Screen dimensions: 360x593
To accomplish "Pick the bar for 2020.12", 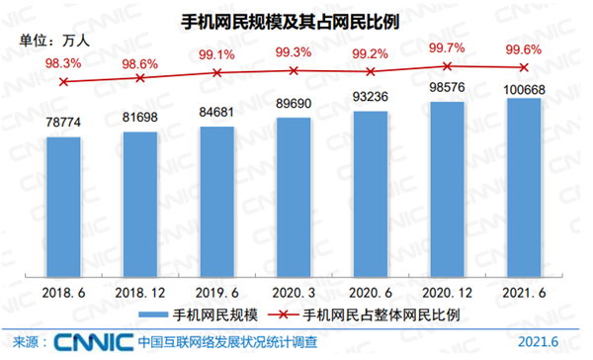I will pos(448,188).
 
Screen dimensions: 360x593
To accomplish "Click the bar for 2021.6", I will pos(524,186).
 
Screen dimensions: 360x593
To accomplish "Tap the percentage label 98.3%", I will pos(64,61).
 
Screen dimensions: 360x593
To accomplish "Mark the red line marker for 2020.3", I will pos(294,70).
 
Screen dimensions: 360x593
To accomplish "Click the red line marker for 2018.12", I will pos(140,76).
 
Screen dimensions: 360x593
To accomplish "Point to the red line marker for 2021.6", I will pos(524,67).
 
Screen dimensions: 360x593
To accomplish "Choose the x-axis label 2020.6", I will pos(371,292).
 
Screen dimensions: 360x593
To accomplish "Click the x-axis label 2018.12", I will pos(140,292).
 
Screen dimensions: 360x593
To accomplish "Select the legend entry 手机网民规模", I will pos(198,315).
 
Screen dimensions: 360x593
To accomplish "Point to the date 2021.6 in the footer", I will pos(538,342).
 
